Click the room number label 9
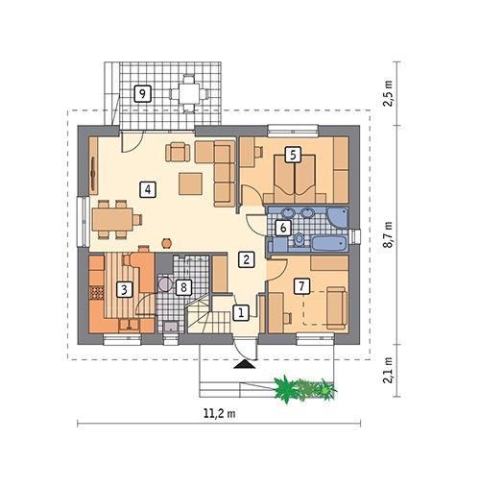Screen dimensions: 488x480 (x=142, y=93)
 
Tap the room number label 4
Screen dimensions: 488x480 (x=147, y=188)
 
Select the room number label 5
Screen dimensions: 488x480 (x=293, y=153)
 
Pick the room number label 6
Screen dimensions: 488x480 (x=282, y=228)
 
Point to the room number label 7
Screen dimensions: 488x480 (x=301, y=285)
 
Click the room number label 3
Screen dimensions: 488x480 (x=124, y=287)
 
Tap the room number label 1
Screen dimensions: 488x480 (x=241, y=311)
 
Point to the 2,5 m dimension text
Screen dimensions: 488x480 (x=389, y=95)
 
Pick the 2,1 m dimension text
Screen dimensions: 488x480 (x=389, y=370)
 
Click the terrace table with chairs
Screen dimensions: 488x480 (x=189, y=93)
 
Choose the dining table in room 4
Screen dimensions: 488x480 (x=112, y=218)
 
